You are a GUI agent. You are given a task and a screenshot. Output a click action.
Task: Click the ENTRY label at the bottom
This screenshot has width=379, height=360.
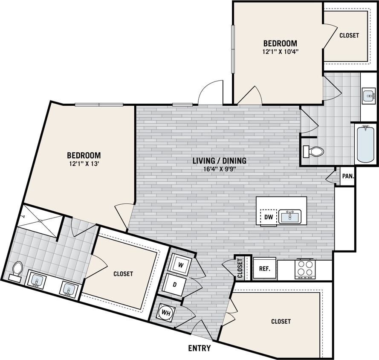coord(199,348)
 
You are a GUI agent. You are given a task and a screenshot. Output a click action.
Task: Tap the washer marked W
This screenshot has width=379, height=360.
coord(181,265)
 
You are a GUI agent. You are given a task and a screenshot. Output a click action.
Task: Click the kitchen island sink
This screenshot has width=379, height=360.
coord(290,217)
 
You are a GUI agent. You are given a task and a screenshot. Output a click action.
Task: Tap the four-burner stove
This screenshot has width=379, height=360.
coord(304,268)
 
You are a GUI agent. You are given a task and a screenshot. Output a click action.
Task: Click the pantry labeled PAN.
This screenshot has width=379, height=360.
coord(347,176)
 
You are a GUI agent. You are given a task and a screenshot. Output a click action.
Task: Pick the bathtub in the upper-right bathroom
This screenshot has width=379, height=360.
coord(366,143)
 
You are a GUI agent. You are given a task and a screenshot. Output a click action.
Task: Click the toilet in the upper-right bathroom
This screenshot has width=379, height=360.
coord(314,151)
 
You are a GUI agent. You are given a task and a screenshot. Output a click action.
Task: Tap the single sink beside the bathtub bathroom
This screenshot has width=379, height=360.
coord(368,96)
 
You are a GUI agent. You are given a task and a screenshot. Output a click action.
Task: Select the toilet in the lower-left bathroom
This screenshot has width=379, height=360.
coord(17,270)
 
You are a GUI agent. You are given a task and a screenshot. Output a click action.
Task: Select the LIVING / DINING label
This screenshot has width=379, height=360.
coord(220,161)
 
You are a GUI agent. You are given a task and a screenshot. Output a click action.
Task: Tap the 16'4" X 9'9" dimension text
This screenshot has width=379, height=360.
coord(220,169)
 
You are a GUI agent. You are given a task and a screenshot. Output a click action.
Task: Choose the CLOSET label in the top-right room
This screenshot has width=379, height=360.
coord(349,35)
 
